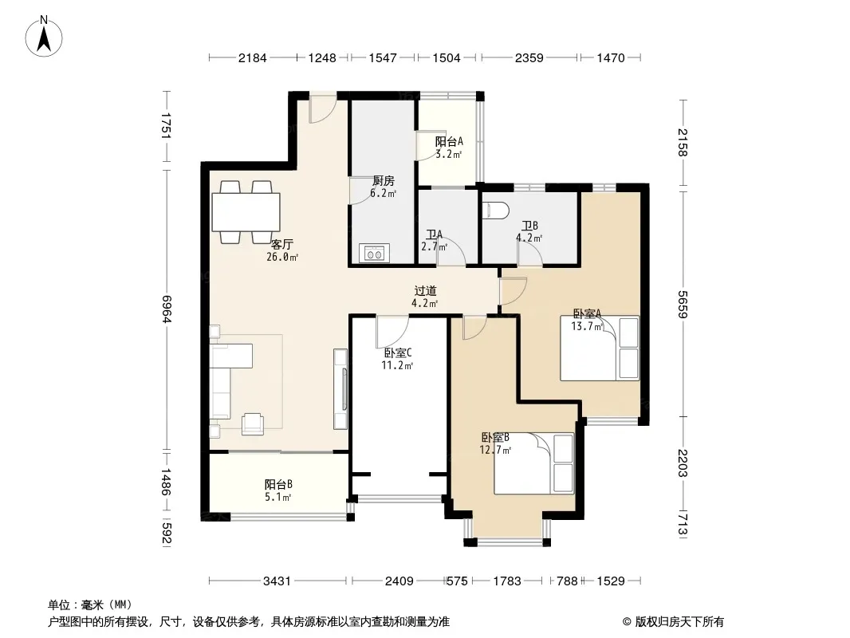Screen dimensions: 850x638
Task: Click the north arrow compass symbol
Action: pos(44,37)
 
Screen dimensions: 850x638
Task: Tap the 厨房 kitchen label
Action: pos(384,181)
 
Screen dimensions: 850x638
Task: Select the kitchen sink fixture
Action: pos(374,253)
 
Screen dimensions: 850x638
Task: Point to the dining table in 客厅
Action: pos(246,212)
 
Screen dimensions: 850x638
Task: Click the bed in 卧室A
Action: pos(600,348)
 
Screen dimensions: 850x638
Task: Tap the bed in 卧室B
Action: pos(534,463)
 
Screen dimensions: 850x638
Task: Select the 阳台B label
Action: pos(278,484)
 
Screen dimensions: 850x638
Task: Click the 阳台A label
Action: pos(450,141)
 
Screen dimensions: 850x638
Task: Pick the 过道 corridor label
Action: pos(425,291)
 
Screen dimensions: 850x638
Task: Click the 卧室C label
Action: pos(398,352)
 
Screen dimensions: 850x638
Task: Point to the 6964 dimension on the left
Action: pos(167,309)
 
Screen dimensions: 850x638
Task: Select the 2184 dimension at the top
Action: pos(253,57)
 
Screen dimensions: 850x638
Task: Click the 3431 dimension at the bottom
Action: pos(277,581)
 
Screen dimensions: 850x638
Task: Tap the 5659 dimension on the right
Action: pos(683,305)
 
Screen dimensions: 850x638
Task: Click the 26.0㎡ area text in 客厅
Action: pos(282,258)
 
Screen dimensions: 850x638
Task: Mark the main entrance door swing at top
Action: pos(321,111)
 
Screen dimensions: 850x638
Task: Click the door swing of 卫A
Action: pos(452,253)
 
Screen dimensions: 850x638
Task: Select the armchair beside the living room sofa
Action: pos(253,423)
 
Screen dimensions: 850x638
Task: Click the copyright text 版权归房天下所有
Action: pos(679,622)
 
